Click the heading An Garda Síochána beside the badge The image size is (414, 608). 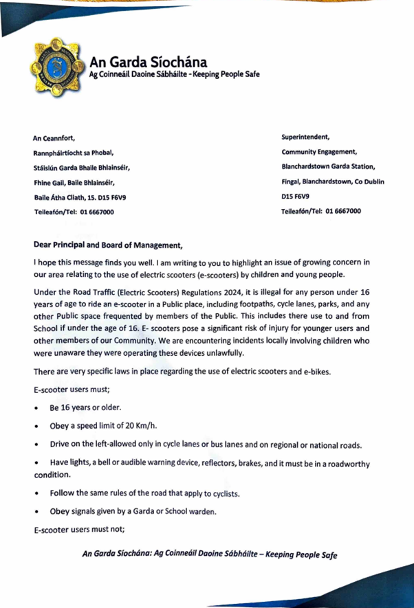pyautogui.click(x=143, y=62)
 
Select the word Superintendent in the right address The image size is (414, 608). pyautogui.click(x=311, y=137)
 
